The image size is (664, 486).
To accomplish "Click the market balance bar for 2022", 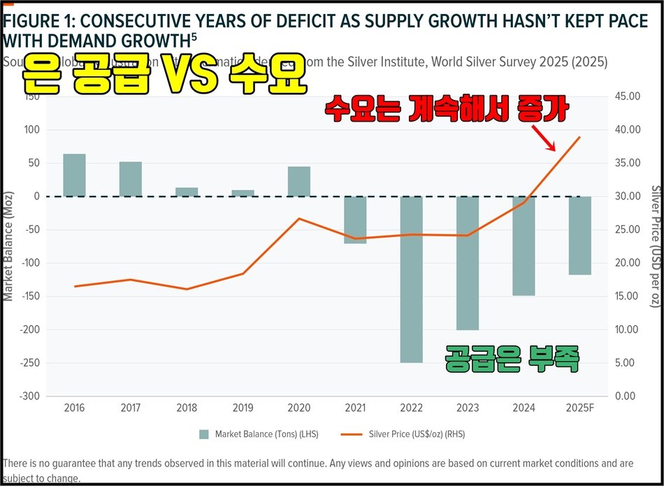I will pos(411,280).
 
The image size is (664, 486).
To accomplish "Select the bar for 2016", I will pos(74,176).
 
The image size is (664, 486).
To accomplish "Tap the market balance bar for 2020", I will pos(299,182).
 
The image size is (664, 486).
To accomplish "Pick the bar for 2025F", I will pos(579,236).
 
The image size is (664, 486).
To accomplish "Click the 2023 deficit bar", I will pos(468,263).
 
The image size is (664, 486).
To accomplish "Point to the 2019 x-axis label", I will pos(243,407).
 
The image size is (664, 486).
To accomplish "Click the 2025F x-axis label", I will pos(579,407).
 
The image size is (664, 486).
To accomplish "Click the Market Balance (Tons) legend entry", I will pos(259,434).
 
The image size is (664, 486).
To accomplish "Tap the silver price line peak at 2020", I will pos(299,219).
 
